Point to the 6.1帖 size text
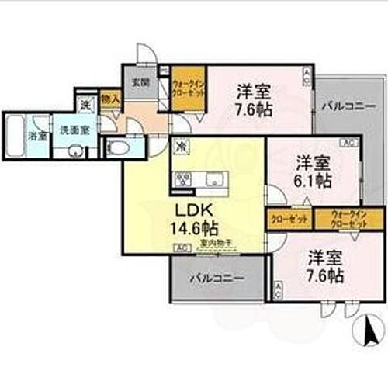pos(314,180)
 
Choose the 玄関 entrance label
pos(140,81)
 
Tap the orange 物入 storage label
pos(111,99)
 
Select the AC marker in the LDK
pos(179,248)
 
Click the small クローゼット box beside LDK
pos(288,218)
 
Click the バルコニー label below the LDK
pos(217,278)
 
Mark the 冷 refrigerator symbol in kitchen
pos(179,144)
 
